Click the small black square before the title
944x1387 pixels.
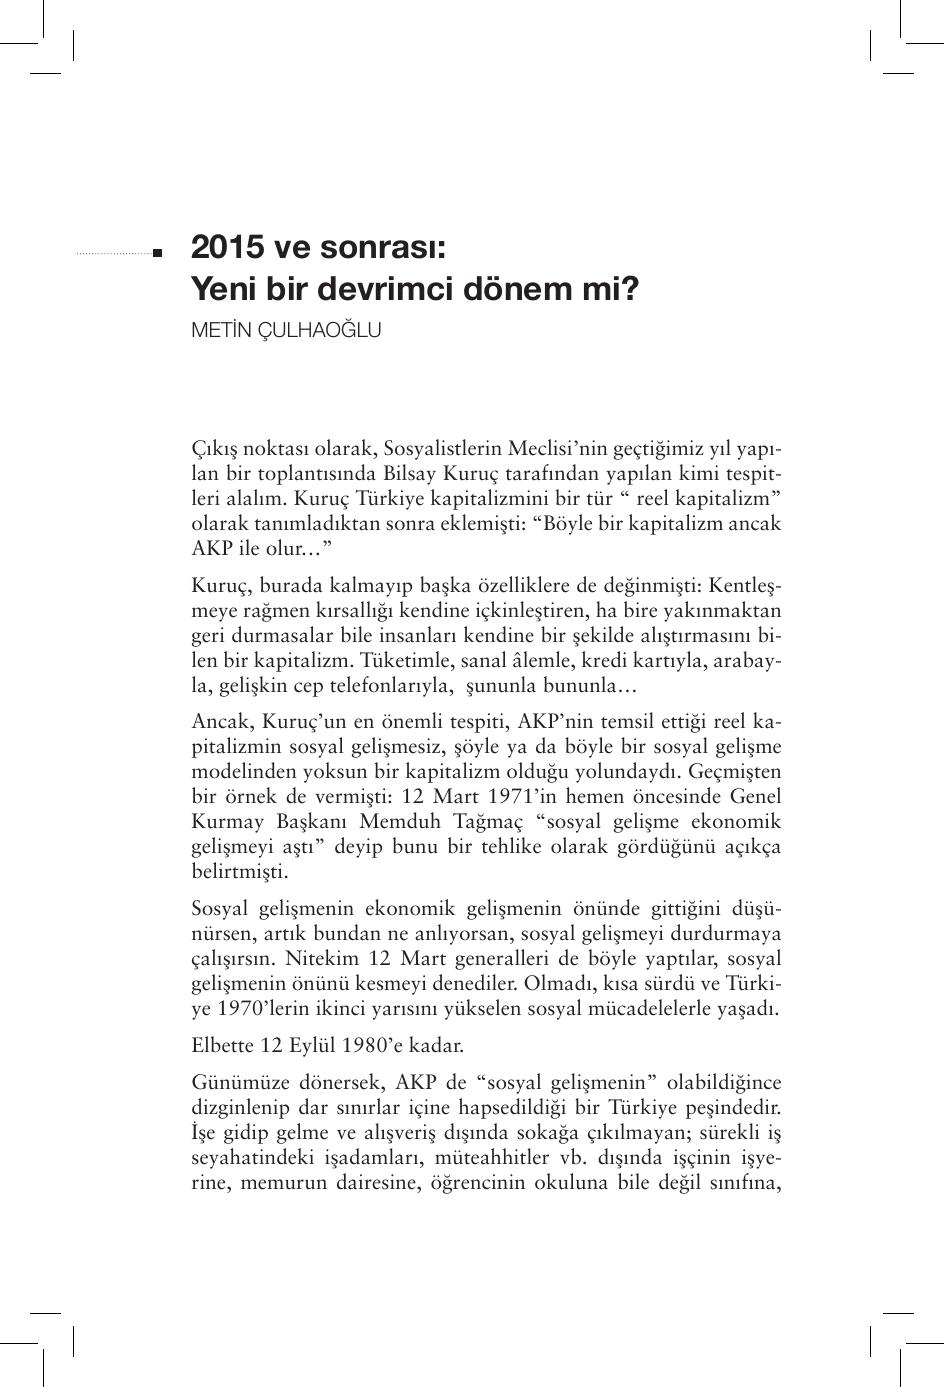(x=157, y=254)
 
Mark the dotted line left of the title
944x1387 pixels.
(x=112, y=254)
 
